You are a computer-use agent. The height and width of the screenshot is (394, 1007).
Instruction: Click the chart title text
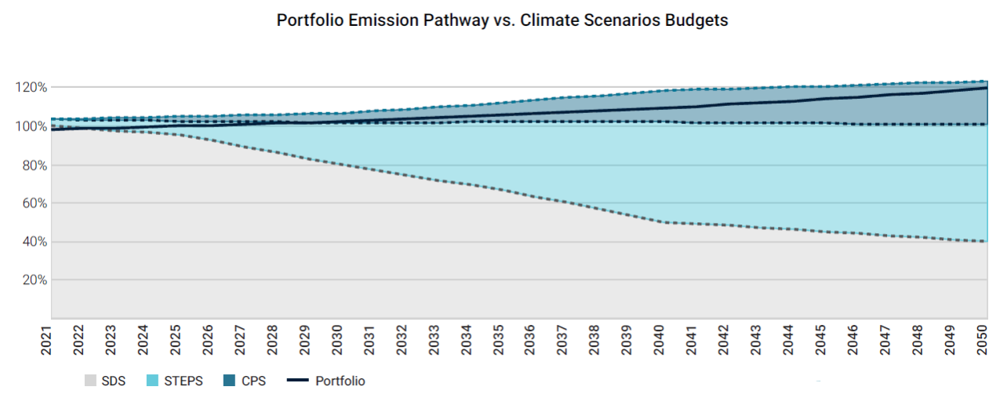(x=502, y=20)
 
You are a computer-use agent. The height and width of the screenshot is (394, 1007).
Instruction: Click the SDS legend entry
(x=106, y=381)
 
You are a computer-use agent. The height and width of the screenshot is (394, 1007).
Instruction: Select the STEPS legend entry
(x=176, y=381)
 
